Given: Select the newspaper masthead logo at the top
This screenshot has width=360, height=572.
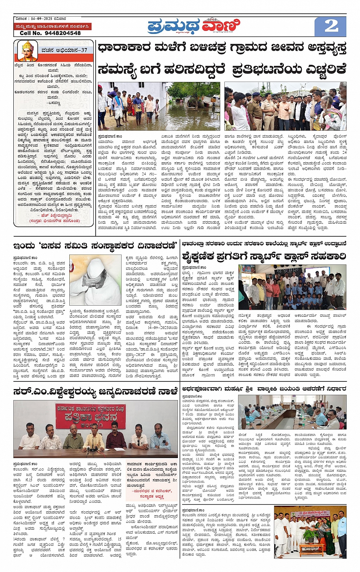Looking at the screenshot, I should pos(194,26).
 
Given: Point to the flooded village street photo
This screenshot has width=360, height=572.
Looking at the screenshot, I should pos(159,106).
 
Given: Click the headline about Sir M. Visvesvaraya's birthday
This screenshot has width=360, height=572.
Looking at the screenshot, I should pos(95,391).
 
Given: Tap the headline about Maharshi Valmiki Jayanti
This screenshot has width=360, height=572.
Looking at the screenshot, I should pos(264,389).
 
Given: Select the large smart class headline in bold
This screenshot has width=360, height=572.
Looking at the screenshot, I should pos(264,256).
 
